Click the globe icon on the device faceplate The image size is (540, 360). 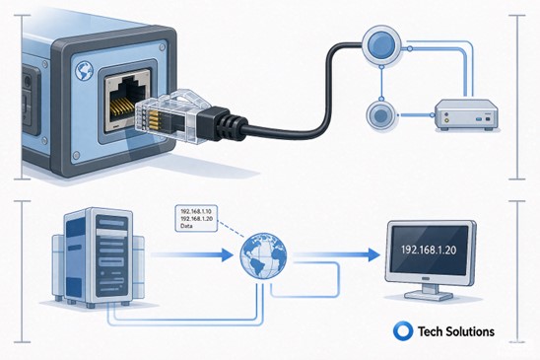(84, 71)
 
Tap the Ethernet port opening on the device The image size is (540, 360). (127, 100)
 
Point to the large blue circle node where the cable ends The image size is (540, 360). (381, 44)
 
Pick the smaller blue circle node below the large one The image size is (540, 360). (380, 115)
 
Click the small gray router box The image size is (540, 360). (467, 115)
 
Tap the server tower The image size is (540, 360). (99, 256)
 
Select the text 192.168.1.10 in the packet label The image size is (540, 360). (196, 211)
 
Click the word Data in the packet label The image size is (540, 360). (186, 226)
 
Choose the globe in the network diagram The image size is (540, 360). (263, 255)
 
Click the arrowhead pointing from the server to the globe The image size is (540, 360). (228, 254)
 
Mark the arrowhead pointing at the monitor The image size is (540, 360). (373, 254)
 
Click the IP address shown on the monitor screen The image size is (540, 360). (429, 250)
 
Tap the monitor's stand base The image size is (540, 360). (429, 295)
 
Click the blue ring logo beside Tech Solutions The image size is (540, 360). (403, 331)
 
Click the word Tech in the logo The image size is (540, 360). (431, 331)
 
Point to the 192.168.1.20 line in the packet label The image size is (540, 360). (196, 219)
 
